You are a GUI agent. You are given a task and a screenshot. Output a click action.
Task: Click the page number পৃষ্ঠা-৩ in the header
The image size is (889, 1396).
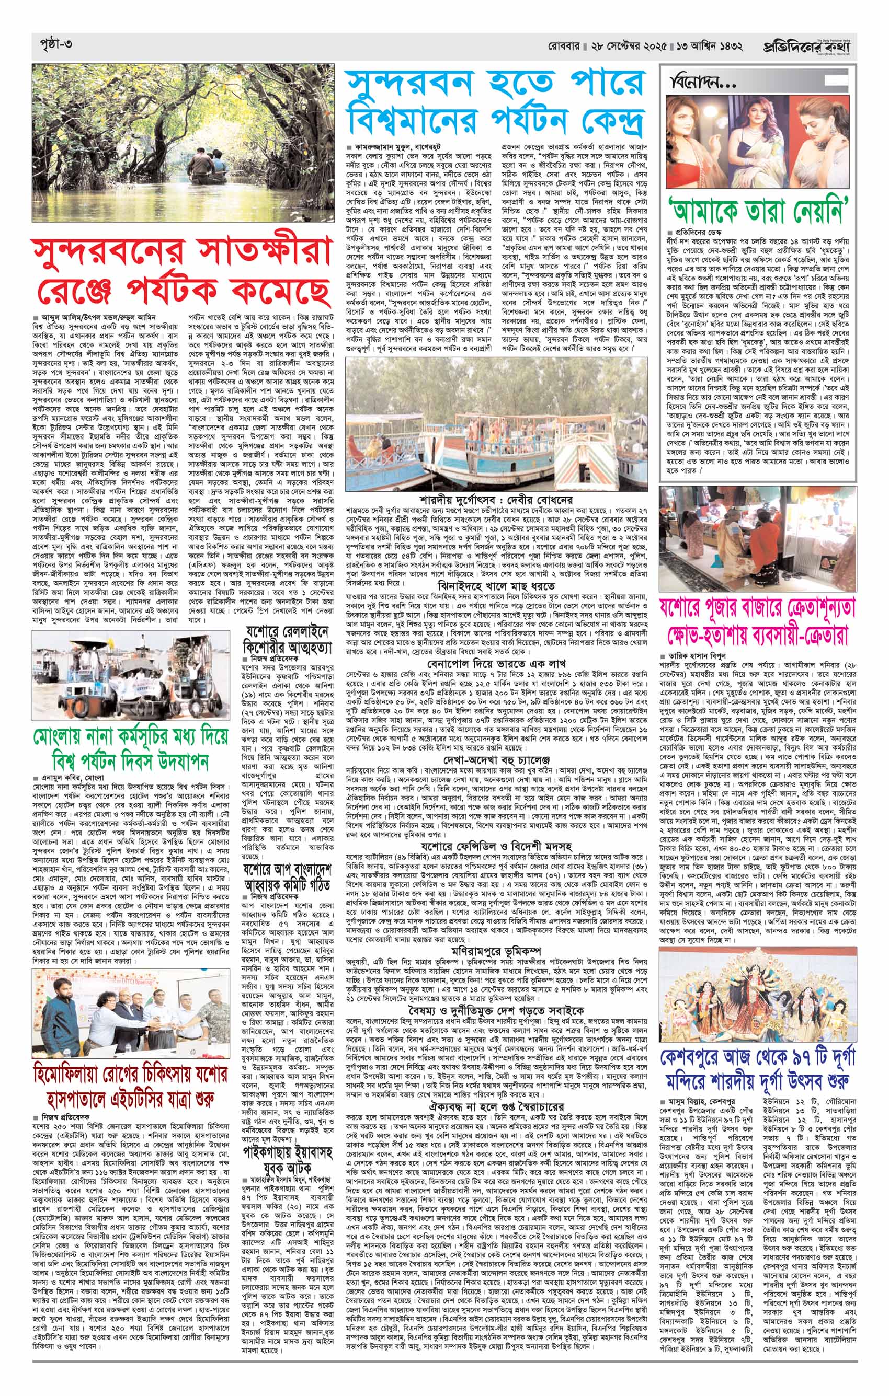click(53, 44)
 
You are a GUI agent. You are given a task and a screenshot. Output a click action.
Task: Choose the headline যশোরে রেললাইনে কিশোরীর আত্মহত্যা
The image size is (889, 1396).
click(288, 638)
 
